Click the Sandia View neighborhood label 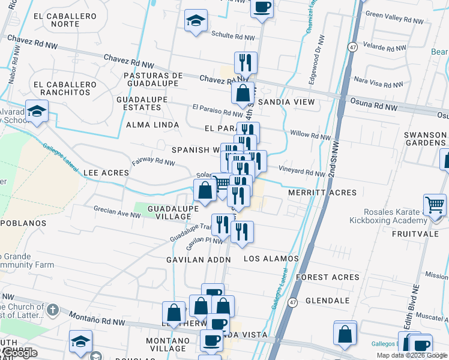[x=286, y=102]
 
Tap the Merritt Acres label [x=322, y=193]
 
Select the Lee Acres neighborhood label [x=106, y=173]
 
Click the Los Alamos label [x=271, y=259]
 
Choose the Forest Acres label [x=328, y=277]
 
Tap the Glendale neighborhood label [x=327, y=301]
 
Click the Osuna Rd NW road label [x=375, y=107]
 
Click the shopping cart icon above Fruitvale [x=435, y=205]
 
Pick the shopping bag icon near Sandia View [x=243, y=94]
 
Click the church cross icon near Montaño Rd [x=52, y=310]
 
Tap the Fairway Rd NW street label [x=154, y=161]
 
